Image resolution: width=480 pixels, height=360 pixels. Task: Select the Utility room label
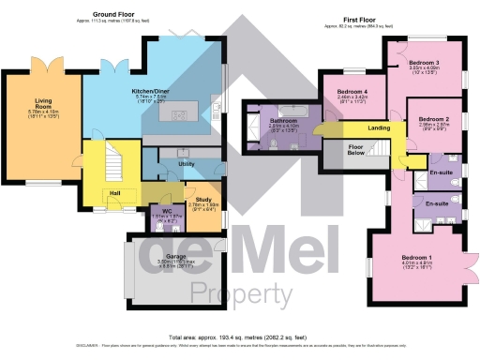pos(186,164)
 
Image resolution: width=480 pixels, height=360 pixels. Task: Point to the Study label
pos(202,198)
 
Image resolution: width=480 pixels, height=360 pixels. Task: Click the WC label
pos(165,212)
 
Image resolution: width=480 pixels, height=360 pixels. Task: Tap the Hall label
pos(114,193)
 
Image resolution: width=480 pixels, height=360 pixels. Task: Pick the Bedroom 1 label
pos(416,257)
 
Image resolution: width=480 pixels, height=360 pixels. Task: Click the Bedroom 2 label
pos(434,120)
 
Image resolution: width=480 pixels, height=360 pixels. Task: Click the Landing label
pos(379,127)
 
